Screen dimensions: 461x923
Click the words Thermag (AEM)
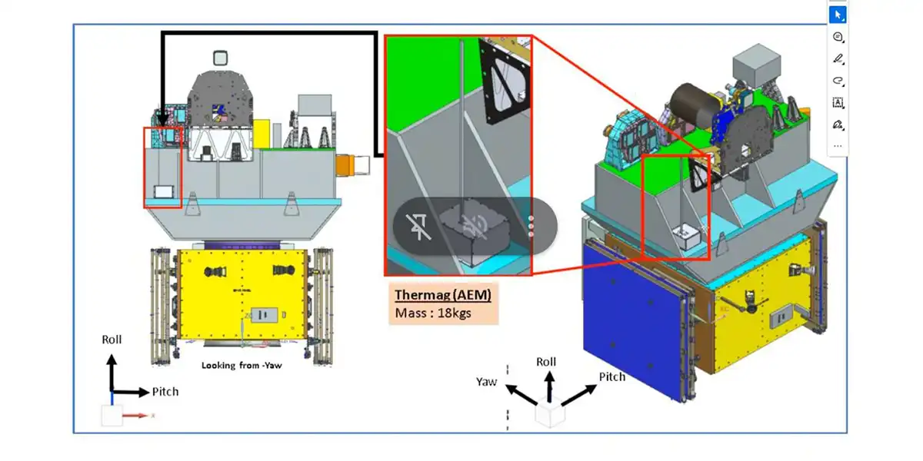pos(442,295)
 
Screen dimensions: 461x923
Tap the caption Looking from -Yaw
pos(242,366)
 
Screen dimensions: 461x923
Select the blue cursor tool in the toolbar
pos(838,15)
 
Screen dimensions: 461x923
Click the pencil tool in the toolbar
pos(838,59)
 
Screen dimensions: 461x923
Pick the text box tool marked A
pos(838,102)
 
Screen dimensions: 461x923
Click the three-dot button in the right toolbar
pos(838,145)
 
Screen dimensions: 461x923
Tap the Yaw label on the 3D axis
pos(486,381)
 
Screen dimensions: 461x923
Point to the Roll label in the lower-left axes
pos(112,339)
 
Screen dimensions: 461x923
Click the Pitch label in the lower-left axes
pos(165,392)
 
